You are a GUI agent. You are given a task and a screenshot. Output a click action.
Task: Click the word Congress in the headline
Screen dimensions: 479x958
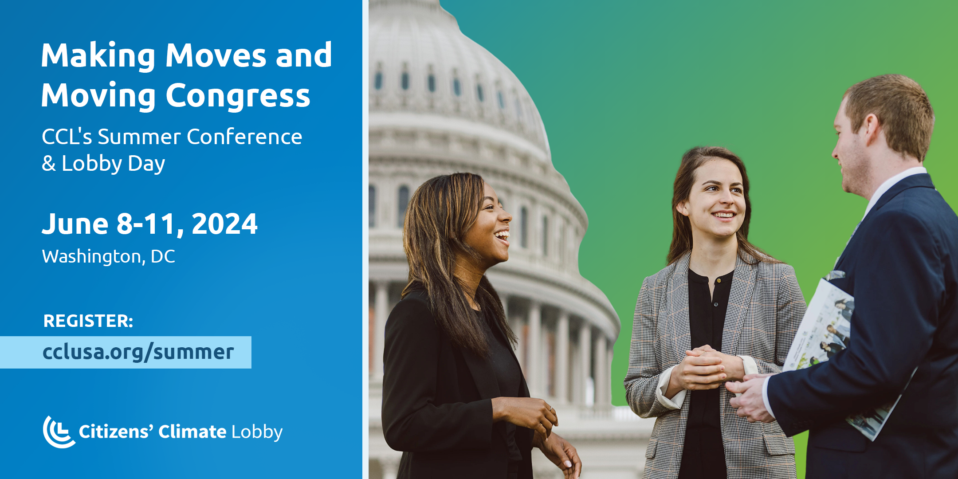tap(238, 96)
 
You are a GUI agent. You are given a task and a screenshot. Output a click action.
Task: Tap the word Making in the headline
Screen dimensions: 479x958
tap(98, 56)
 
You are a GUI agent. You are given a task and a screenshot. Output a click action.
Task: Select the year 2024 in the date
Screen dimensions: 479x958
tap(224, 224)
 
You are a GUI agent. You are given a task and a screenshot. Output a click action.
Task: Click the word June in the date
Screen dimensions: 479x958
tap(75, 224)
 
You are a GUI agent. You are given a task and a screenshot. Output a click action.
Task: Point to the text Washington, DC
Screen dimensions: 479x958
tap(109, 257)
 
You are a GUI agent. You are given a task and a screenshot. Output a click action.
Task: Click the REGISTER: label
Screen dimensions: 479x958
tap(88, 321)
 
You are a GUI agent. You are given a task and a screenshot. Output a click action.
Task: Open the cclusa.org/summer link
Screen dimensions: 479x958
tap(138, 352)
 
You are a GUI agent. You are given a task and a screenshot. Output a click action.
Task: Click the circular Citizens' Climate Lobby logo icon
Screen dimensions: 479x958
tap(58, 432)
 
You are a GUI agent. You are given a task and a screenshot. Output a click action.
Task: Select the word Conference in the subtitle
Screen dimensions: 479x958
tap(244, 137)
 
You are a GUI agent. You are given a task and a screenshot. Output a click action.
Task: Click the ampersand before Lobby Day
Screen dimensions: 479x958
tap(48, 164)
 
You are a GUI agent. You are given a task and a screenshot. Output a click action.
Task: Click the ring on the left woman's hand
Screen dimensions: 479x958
tap(551, 408)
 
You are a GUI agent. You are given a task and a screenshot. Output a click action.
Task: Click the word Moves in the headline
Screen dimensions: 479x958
tap(216, 56)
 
